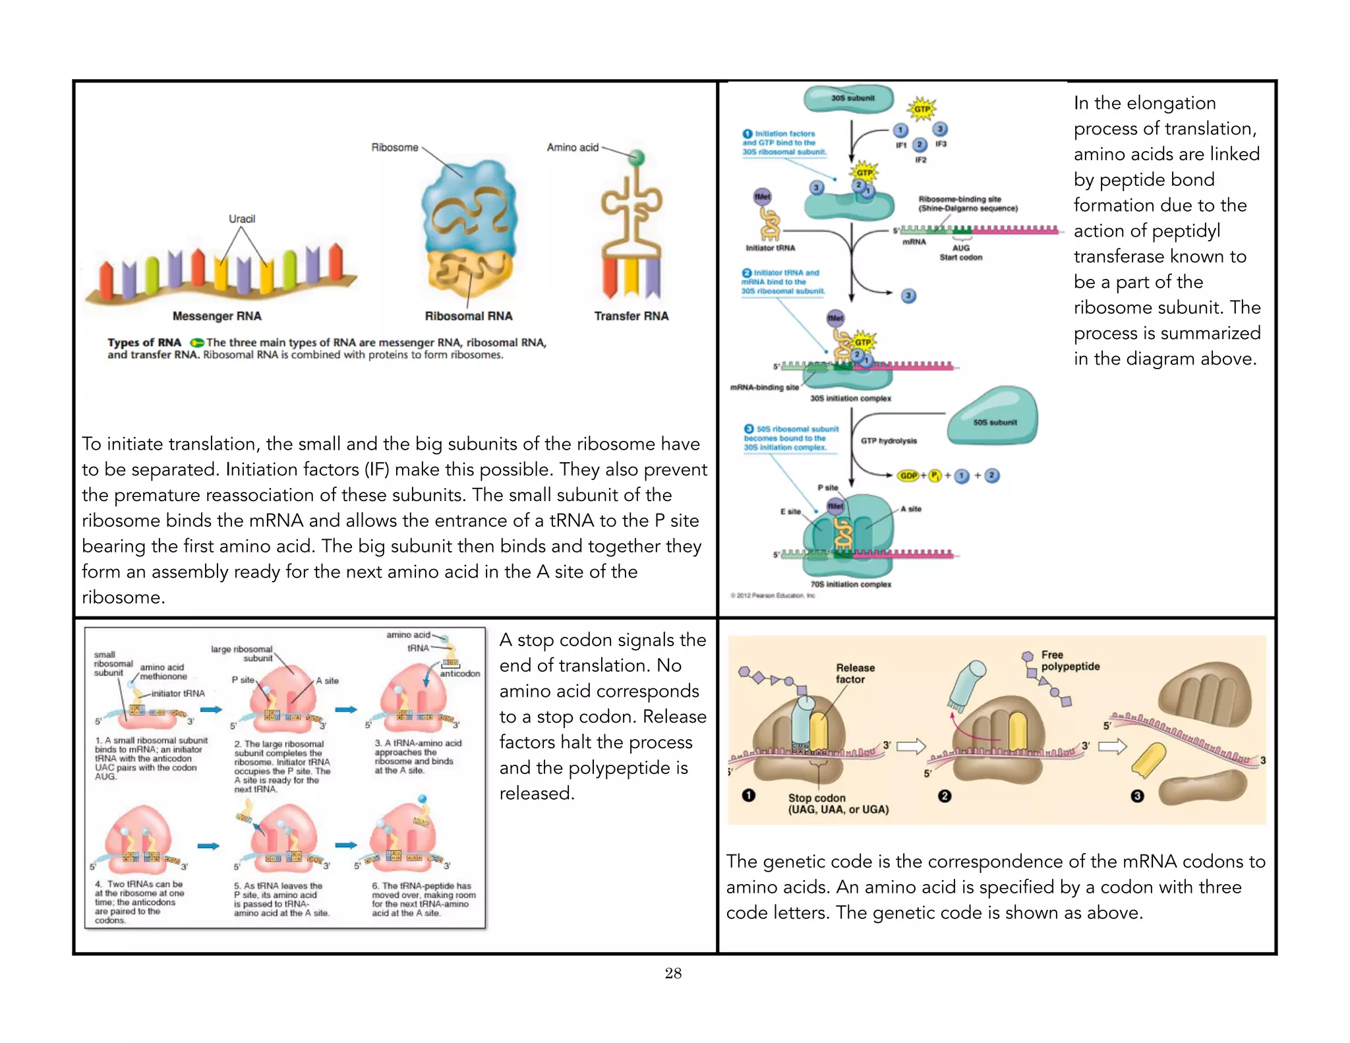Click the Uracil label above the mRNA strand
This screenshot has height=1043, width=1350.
(241, 219)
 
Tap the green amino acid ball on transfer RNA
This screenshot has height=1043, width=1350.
(636, 158)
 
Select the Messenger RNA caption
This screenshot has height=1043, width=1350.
(217, 316)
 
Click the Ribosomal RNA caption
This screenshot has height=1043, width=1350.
(468, 316)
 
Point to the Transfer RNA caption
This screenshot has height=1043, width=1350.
(631, 316)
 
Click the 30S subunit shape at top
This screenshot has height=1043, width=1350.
(849, 98)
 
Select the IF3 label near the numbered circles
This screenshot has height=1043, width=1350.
(941, 144)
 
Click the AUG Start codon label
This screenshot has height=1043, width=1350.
(960, 253)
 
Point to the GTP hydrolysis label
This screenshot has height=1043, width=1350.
(889, 440)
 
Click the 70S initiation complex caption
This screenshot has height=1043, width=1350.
(850, 584)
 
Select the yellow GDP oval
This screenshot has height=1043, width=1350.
(908, 475)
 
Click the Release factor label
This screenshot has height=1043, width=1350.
(854, 673)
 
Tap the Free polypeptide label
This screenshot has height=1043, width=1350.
(1070, 661)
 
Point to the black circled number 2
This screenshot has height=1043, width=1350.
(945, 796)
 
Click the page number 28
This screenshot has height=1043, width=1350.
(673, 973)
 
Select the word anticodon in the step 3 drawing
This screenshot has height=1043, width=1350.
(459, 674)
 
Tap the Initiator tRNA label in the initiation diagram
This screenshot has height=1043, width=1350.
(770, 248)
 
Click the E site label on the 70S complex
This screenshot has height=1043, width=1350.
(790, 511)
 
